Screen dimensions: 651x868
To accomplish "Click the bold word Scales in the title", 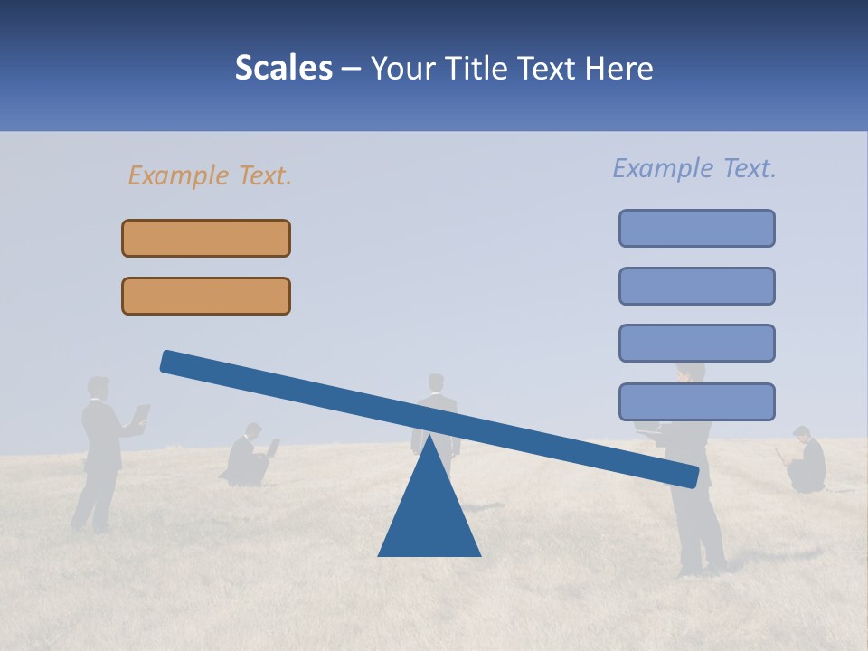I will (x=284, y=69).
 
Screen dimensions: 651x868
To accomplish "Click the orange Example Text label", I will (x=210, y=175).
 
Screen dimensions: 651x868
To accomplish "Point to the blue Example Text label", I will (x=694, y=168).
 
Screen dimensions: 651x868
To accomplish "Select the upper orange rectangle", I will (x=206, y=238).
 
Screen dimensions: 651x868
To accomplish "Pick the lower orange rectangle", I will (x=206, y=296).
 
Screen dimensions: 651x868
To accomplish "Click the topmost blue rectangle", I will (x=696, y=228).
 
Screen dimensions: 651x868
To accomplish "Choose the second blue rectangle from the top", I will (x=696, y=286).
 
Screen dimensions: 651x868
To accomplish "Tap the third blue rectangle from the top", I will (x=696, y=343).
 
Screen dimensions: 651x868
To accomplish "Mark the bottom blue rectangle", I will (x=696, y=401).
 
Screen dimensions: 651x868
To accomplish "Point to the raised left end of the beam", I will (x=172, y=362).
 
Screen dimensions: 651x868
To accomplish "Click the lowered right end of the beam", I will (x=687, y=476).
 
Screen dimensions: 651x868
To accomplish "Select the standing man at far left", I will (x=101, y=452).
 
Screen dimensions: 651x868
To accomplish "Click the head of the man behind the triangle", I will (x=437, y=382).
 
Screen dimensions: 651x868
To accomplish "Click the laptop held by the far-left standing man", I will (x=141, y=415).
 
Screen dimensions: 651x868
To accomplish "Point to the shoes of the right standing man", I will (x=703, y=570).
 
